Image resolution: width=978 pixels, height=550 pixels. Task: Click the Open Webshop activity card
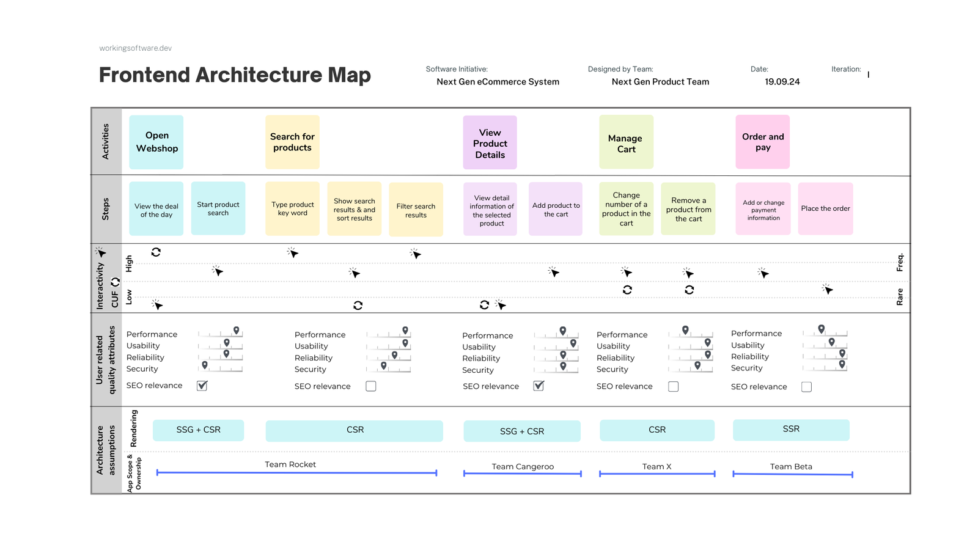156,142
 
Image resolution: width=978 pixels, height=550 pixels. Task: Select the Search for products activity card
292,142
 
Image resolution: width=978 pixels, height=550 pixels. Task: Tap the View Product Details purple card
490,143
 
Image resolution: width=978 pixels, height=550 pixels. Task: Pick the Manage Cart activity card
626,143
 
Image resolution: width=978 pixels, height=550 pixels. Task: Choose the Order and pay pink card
762,142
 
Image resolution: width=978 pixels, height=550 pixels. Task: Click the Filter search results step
416,210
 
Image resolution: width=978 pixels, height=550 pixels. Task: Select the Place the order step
825,208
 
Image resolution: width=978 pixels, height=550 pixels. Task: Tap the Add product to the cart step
556,209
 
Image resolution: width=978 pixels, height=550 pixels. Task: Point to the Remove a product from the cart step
688,209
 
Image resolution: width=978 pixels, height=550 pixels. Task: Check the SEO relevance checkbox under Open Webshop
202,386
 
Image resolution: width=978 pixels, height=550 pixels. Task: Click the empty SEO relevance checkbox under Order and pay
806,387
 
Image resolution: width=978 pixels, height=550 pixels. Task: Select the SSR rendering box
791,430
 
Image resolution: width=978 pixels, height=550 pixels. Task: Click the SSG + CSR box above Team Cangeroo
521,431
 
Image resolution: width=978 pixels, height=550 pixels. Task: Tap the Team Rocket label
290,464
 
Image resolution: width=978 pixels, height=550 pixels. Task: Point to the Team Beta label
791,466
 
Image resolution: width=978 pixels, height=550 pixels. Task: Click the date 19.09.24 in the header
782,82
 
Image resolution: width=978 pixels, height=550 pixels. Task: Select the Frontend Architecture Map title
235,75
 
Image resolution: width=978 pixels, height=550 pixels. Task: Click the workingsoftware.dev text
135,48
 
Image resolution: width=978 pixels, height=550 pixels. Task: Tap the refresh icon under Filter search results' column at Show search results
358,305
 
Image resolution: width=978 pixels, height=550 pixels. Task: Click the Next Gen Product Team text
660,82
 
